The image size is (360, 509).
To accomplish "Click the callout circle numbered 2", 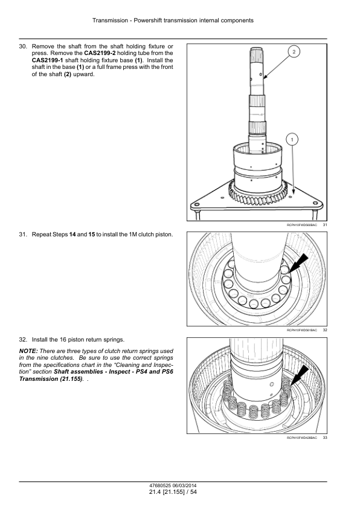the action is [x=294, y=51].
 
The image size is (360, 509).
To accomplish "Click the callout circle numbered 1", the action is [x=292, y=140].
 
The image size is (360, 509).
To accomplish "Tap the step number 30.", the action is [x=23, y=47].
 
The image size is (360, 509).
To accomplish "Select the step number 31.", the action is [x=23, y=235].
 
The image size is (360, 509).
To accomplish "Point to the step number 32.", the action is [x=23, y=340].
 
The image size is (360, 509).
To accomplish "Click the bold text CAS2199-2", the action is [x=100, y=53].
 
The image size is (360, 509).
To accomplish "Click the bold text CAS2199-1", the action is [x=47, y=60].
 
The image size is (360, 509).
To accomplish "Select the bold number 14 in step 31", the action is [x=72, y=235].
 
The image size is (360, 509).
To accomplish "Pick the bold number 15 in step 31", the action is [x=91, y=235].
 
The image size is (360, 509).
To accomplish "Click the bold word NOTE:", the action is [x=28, y=351].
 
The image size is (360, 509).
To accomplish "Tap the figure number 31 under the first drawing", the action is [x=325, y=225].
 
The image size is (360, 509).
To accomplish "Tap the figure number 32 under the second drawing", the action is [x=325, y=330].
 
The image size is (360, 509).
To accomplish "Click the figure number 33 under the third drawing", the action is [x=325, y=438].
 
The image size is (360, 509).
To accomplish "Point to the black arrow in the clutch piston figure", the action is [x=298, y=263].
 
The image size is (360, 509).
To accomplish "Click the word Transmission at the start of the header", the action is [x=110, y=21].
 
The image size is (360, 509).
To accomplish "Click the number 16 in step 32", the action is [x=63, y=340].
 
